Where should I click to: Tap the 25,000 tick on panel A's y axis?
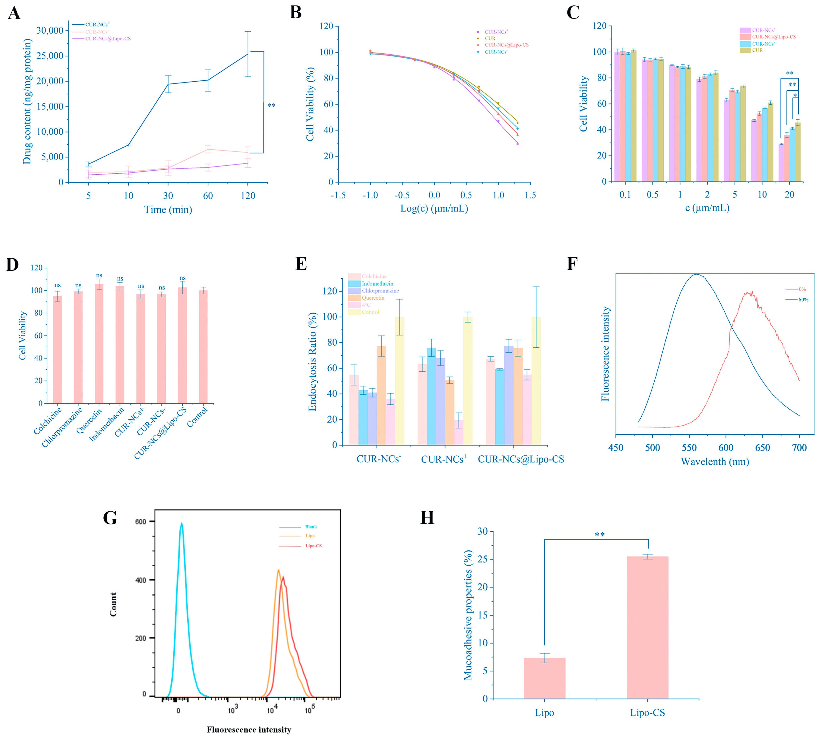[x=50, y=56]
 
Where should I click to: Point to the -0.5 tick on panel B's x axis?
[x=402, y=195]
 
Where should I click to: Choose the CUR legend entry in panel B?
[x=490, y=38]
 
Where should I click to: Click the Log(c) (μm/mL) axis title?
[x=434, y=209]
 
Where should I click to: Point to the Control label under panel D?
[x=198, y=417]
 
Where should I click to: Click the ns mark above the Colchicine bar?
[x=57, y=285]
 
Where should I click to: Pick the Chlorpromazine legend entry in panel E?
[x=380, y=291]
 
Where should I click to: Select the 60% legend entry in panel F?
[x=803, y=300]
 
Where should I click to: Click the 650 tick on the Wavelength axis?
[x=762, y=448]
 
